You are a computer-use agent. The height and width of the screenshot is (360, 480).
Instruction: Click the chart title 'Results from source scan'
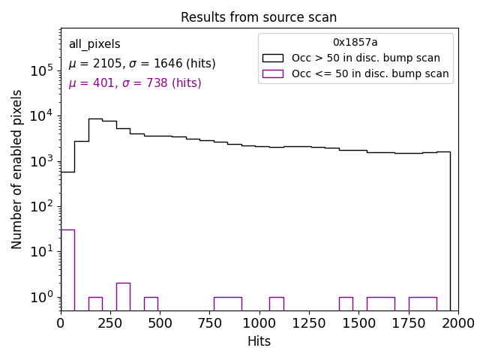click(259, 17)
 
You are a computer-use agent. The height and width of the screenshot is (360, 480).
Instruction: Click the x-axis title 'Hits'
click(259, 341)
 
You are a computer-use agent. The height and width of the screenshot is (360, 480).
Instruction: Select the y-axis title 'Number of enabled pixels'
click(17, 169)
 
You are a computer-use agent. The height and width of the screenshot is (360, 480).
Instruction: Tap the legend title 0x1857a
click(355, 43)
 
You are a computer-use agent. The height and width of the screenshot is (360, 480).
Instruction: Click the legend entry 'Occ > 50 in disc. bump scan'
click(366, 58)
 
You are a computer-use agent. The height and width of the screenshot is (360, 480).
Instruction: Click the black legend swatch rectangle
click(272, 58)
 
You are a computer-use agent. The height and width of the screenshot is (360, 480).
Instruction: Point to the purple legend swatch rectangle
click(272, 73)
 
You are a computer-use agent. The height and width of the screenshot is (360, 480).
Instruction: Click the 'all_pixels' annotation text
click(94, 44)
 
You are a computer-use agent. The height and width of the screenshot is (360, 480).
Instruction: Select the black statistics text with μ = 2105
click(142, 64)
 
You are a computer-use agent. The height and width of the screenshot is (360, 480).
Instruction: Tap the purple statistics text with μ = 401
click(135, 83)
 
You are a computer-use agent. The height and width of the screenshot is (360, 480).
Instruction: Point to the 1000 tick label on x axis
click(259, 323)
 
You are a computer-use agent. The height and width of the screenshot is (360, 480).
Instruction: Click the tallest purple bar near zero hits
click(67, 270)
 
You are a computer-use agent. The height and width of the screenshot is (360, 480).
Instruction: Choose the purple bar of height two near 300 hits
click(123, 296)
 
